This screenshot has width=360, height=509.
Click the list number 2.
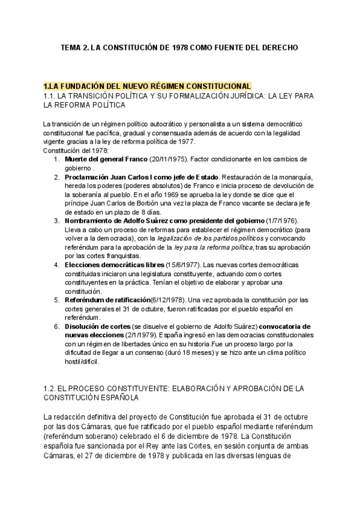click(56, 178)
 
